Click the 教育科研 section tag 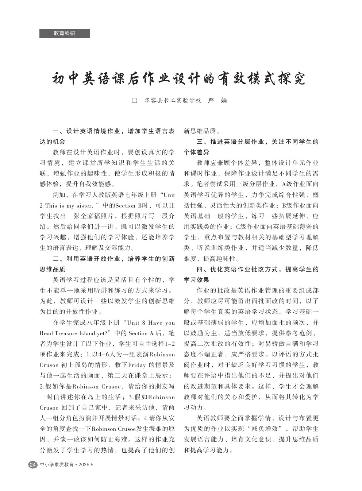(x=65, y=33)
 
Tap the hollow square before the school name (x=134, y=100)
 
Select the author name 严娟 (x=217, y=100)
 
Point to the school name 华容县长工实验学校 (x=173, y=100)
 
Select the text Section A (x=143, y=333)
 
